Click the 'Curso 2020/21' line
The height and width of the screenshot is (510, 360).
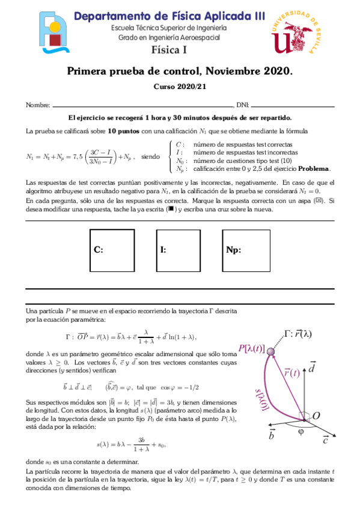pos(180,87)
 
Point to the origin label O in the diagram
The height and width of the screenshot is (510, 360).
pos(316,416)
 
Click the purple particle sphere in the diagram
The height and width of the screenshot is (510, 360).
pos(270,351)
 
